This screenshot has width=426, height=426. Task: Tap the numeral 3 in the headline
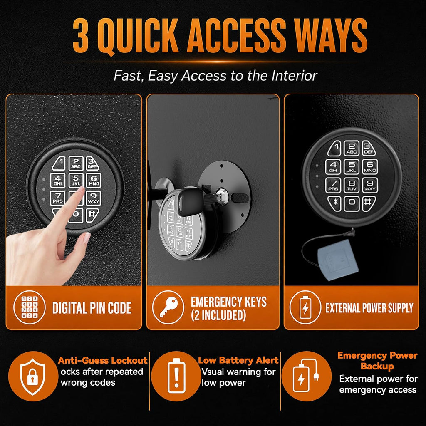81,36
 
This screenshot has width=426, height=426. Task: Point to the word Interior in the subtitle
294,75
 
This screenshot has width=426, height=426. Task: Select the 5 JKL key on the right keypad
352,166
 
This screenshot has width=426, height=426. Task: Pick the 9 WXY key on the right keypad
370,185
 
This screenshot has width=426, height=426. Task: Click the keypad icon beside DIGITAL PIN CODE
30,307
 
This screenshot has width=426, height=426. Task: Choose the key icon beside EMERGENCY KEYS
168,307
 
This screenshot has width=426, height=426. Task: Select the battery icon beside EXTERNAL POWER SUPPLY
305,307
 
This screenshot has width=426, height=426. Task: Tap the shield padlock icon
33,376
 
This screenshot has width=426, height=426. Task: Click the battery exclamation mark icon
176,376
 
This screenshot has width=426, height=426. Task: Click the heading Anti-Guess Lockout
103,361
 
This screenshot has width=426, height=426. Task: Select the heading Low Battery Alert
238,360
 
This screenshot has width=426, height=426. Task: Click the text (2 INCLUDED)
218,315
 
